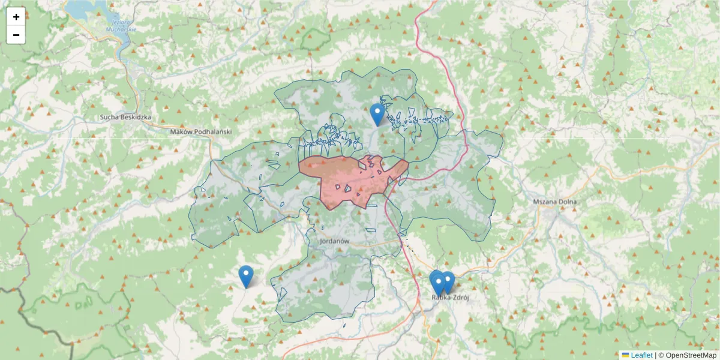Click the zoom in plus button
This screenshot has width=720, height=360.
click(x=16, y=17)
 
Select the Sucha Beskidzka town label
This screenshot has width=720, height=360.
click(x=125, y=118)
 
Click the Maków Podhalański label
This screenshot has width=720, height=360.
click(x=200, y=131)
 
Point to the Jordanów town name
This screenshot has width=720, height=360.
click(x=335, y=241)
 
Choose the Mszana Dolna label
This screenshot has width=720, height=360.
click(x=554, y=202)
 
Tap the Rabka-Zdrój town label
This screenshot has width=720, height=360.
click(x=450, y=296)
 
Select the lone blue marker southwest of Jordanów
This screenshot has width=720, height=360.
click(x=245, y=276)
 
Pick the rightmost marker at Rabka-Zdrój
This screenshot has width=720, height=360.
click(x=448, y=281)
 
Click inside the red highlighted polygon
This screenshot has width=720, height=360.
click(x=348, y=177)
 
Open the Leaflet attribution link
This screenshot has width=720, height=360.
click(x=641, y=355)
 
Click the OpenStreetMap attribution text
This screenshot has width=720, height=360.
click(x=687, y=355)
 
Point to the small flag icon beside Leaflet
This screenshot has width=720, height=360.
click(x=625, y=355)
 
